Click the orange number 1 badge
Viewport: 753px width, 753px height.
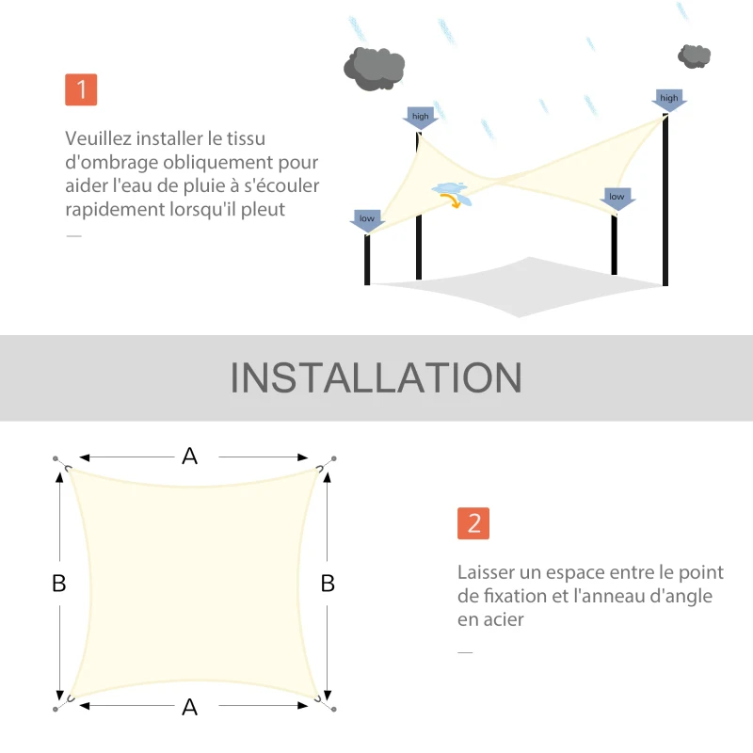click(x=82, y=89)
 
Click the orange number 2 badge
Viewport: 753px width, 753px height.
click(x=473, y=523)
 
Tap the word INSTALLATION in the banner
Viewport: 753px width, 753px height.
click(x=376, y=377)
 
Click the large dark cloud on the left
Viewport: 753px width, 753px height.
click(x=374, y=66)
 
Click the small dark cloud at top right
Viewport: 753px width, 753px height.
click(x=695, y=56)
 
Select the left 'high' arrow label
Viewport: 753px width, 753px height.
click(x=420, y=118)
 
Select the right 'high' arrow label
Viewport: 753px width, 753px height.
click(x=668, y=99)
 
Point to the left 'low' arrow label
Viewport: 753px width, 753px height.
click(x=366, y=219)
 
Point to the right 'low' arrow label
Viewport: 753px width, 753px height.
click(x=617, y=198)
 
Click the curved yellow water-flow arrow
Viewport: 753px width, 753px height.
click(x=454, y=200)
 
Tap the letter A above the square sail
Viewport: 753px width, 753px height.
click(x=190, y=457)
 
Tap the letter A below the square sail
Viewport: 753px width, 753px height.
click(x=190, y=707)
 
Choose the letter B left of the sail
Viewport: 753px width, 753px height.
click(x=59, y=584)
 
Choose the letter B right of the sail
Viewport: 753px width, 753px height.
click(x=328, y=584)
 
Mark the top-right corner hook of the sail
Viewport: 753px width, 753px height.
click(x=325, y=464)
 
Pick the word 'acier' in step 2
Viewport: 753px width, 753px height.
click(x=504, y=619)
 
